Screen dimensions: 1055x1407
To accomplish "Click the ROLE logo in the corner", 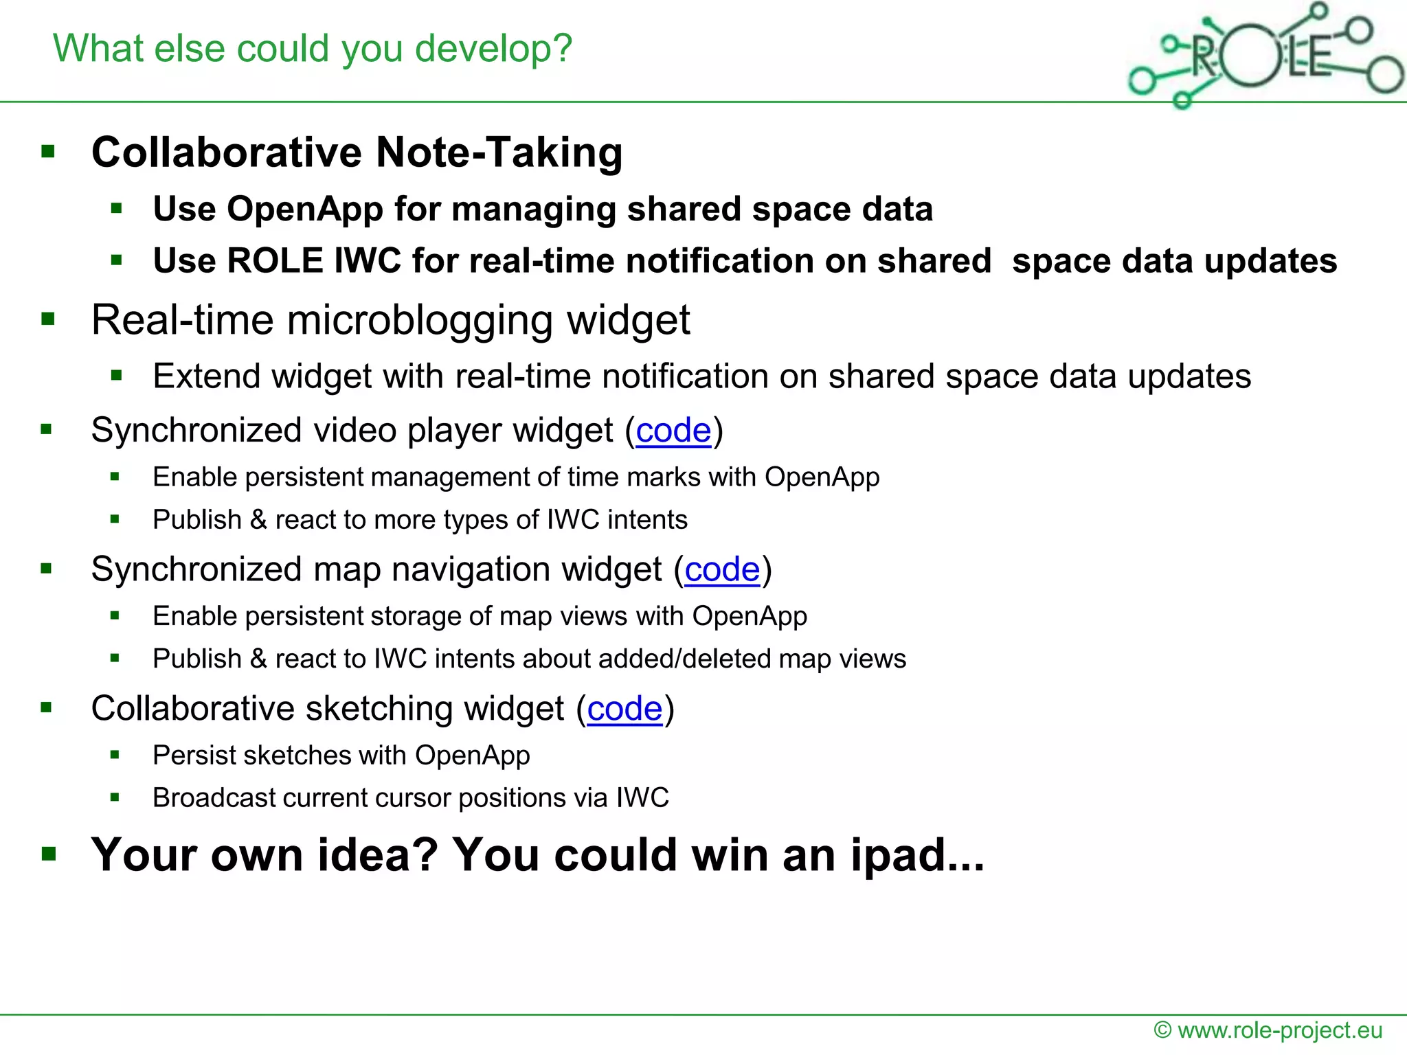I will click(x=1264, y=55).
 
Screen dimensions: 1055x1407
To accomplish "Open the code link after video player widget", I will click(x=673, y=431).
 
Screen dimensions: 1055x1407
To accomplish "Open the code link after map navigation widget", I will click(x=722, y=570).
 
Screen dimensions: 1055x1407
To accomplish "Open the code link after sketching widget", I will click(x=624, y=709).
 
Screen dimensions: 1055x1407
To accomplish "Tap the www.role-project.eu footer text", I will click(x=1279, y=1030).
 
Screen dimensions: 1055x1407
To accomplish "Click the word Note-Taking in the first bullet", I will click(x=499, y=152).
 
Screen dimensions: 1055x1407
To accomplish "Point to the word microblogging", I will click(x=420, y=321).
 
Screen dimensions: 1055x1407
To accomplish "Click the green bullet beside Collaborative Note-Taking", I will click(x=48, y=151).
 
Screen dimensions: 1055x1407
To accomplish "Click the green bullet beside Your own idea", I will click(x=48, y=854).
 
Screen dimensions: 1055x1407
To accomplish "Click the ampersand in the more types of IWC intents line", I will click(x=258, y=520).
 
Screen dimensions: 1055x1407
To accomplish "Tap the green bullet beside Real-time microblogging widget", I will click(x=48, y=319).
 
